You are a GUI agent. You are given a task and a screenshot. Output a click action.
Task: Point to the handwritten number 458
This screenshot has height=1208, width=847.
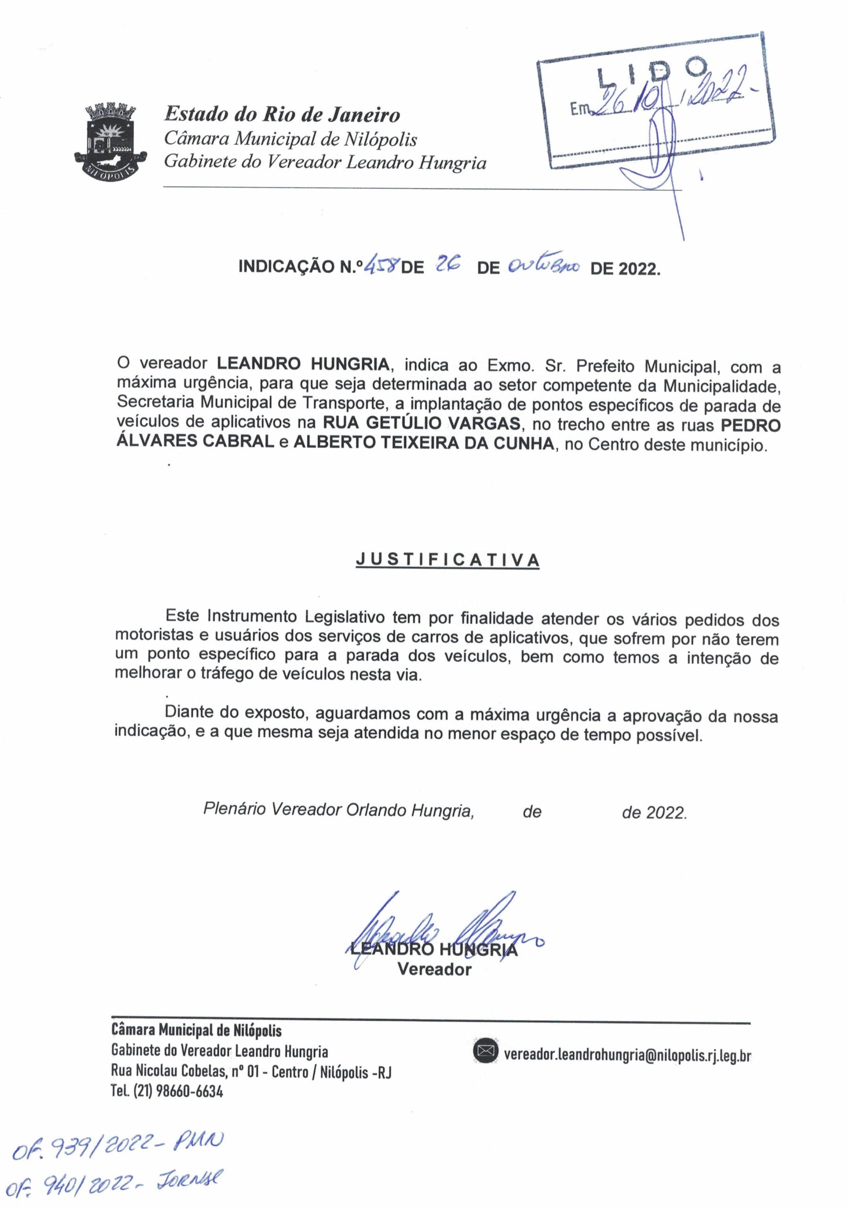(382, 266)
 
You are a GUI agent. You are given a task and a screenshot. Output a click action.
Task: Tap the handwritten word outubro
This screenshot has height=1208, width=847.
(544, 266)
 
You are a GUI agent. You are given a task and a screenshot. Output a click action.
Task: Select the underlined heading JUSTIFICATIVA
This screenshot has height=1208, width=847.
(448, 560)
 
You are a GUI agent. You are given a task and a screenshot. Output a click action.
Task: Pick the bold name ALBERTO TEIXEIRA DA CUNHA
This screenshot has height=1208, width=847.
(424, 444)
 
